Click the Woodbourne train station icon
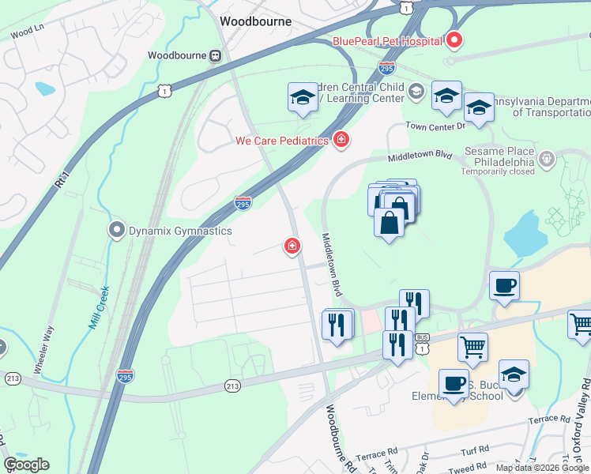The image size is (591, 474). click(x=215, y=55)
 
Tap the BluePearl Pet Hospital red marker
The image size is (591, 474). click(x=454, y=39)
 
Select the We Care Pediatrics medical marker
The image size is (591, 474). click(x=341, y=140)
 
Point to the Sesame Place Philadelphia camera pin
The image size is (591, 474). click(x=546, y=160)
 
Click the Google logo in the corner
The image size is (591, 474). click(x=26, y=465)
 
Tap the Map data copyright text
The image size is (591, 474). click(x=543, y=468)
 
